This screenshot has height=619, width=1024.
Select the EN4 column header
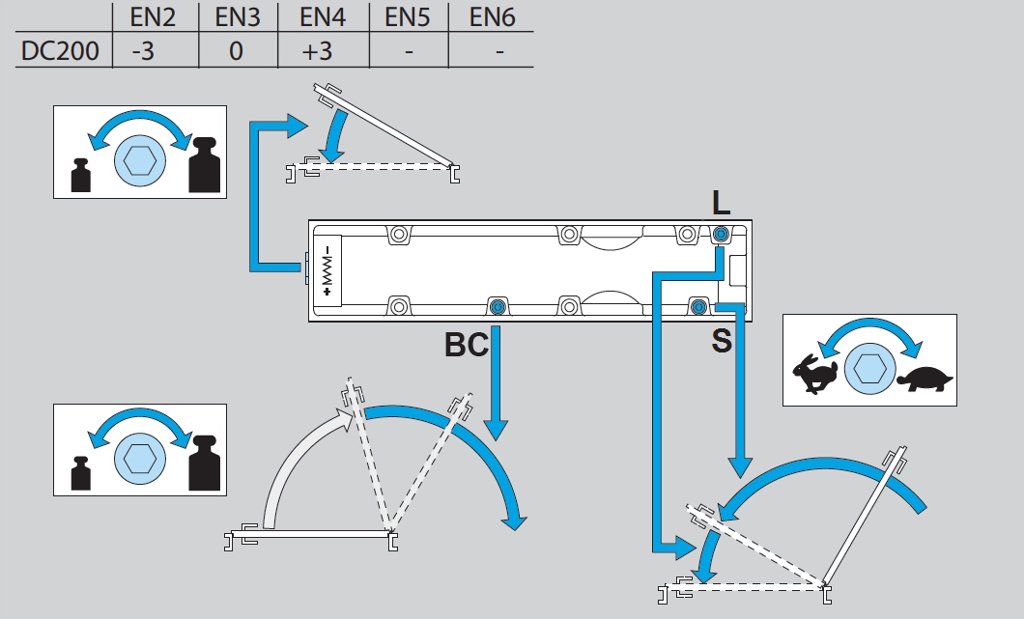tap(316, 16)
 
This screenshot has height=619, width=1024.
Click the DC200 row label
tap(60, 50)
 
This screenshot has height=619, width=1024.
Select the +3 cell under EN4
tap(316, 50)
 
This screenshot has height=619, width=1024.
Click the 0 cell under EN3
tap(236, 50)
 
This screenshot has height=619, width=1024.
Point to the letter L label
tap(721, 203)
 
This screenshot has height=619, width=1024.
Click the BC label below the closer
tap(467, 345)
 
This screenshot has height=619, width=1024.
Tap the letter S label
tap(721, 341)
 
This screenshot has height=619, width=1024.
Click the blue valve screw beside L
tap(721, 234)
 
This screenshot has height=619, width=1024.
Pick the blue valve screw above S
tap(698, 307)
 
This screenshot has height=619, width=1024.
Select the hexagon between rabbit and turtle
tap(867, 369)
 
